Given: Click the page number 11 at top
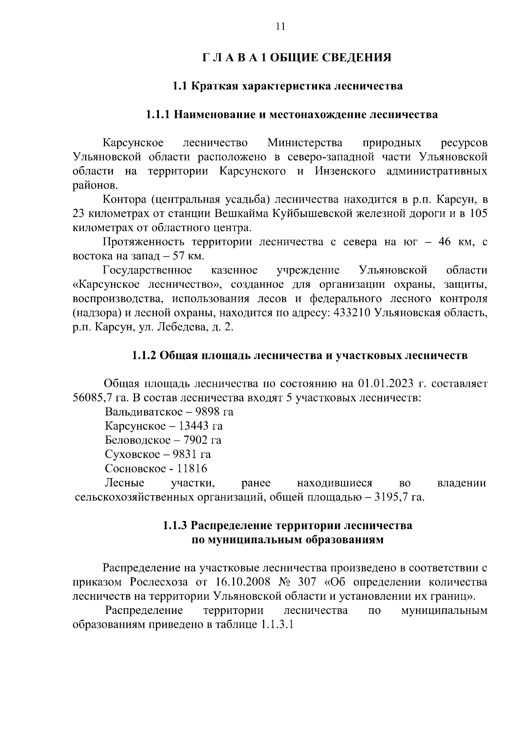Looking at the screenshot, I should (x=280, y=27).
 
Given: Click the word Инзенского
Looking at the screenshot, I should (x=345, y=171).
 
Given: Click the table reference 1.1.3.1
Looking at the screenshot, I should (x=276, y=625).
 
